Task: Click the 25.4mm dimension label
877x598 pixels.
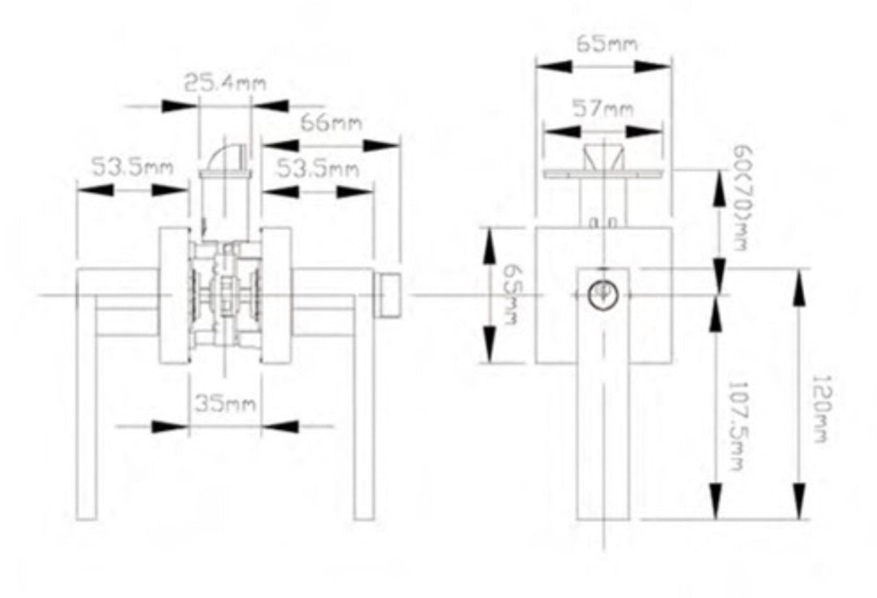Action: (225, 83)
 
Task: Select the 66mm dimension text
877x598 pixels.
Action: (332, 123)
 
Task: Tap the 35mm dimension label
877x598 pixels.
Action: (225, 404)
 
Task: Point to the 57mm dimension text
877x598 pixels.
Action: (603, 108)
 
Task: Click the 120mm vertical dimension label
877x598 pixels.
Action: (821, 409)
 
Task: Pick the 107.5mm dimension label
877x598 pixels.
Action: (735, 426)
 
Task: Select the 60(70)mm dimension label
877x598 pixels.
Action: (742, 198)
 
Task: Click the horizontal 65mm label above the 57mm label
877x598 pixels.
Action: (608, 44)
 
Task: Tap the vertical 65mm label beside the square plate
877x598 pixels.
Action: (512, 295)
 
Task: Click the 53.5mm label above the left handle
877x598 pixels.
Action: (132, 166)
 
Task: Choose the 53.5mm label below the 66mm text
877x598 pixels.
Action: (318, 170)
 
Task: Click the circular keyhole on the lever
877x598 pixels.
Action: (603, 295)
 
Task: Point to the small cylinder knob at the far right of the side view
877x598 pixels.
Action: (387, 295)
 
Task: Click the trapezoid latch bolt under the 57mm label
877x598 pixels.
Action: (603, 157)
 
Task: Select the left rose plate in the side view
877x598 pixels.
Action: (175, 295)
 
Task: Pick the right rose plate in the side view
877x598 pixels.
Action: (277, 295)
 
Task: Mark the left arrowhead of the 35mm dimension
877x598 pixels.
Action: (170, 427)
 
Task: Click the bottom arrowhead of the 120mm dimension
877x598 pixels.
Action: (799, 501)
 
